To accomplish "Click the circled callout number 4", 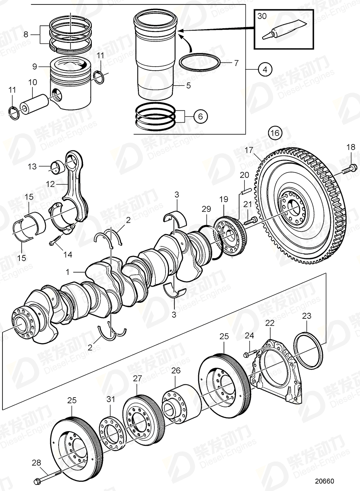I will pyautogui.click(x=265, y=70).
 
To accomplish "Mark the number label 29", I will pyautogui.click(x=206, y=209).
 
